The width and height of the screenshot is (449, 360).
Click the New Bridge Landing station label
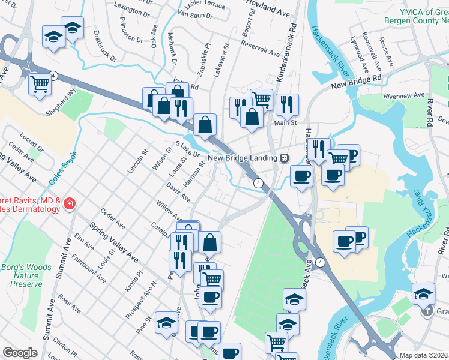pyautogui.click(x=243, y=158)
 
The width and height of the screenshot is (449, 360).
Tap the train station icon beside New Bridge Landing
pyautogui.click(x=284, y=158)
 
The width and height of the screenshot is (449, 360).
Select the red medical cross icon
pyautogui.click(x=70, y=205)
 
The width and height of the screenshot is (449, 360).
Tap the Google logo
pyautogui.click(x=20, y=353)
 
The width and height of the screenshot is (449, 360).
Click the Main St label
pyautogui.click(x=286, y=123)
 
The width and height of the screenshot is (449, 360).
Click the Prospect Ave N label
pyautogui.click(x=141, y=300)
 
